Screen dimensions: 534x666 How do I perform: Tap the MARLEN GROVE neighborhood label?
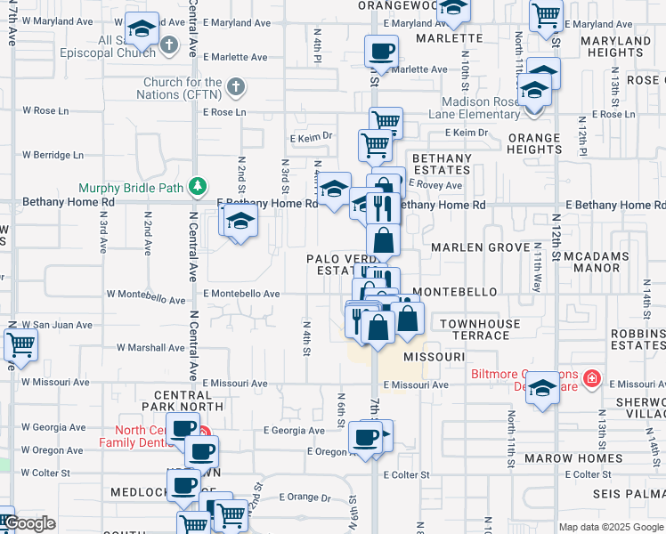(x=475, y=247)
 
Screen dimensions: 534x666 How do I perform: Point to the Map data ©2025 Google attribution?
(x=610, y=527)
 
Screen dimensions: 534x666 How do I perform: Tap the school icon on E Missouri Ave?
(x=542, y=387)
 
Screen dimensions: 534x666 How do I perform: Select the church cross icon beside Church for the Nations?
(x=235, y=87)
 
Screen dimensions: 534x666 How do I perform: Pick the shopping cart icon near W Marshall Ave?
(x=20, y=344)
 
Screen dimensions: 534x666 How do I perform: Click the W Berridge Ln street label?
(x=52, y=155)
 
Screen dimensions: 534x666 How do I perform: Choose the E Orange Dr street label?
(x=304, y=498)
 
